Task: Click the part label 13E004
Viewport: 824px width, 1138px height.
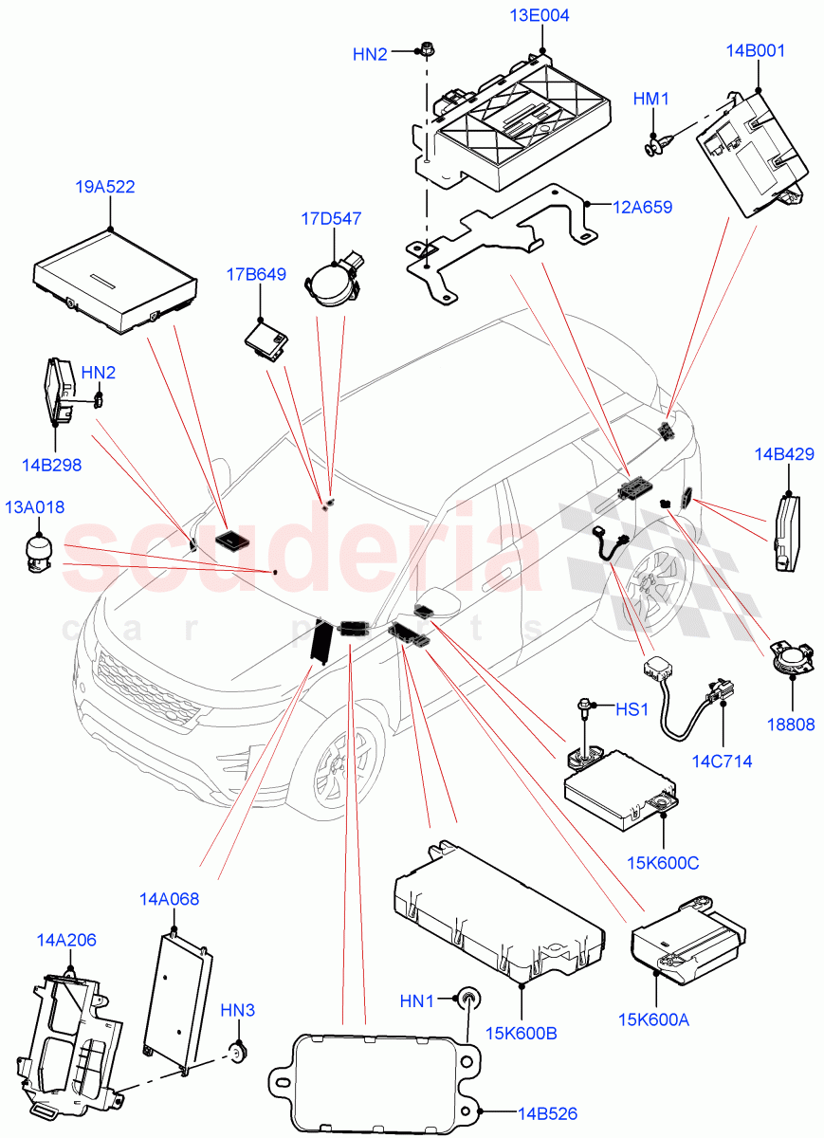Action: point(540,16)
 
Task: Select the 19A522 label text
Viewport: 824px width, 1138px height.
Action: point(104,187)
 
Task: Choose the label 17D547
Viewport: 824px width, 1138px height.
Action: point(331,219)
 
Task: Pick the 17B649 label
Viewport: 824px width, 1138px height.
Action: point(256,275)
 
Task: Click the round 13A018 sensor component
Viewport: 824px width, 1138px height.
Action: point(39,553)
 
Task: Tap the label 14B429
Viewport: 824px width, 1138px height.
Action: point(784,454)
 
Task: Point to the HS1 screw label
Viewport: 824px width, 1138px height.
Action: point(632,708)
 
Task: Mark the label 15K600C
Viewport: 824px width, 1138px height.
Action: point(663,862)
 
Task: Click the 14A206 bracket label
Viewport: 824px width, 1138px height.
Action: point(66,940)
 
